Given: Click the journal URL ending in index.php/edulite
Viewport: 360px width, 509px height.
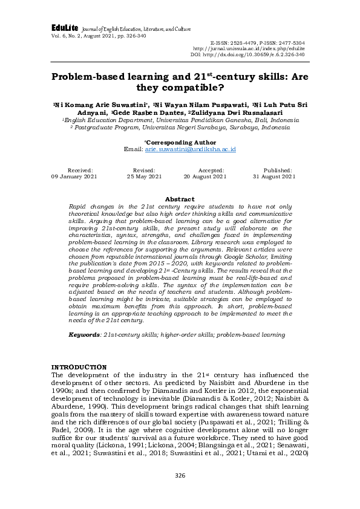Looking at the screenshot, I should pyautogui.click(x=249, y=48).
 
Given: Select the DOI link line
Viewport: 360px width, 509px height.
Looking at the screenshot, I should pyautogui.click(x=247, y=54).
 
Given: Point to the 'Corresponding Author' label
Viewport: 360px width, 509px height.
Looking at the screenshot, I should pyautogui.click(x=180, y=143).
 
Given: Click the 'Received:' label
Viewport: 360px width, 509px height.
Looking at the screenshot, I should pyautogui.click(x=80, y=171).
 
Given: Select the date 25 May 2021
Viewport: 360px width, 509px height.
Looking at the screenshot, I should pyautogui.click(x=144, y=177).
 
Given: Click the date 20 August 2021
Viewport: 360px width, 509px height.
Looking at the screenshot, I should pyautogui.click(x=205, y=177).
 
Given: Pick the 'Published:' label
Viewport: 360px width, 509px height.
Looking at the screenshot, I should pyautogui.click(x=277, y=171).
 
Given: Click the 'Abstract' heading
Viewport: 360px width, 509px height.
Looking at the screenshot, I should pyautogui.click(x=180, y=199).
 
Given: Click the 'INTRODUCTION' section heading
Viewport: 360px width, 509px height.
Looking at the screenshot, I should pyautogui.click(x=79, y=367).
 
